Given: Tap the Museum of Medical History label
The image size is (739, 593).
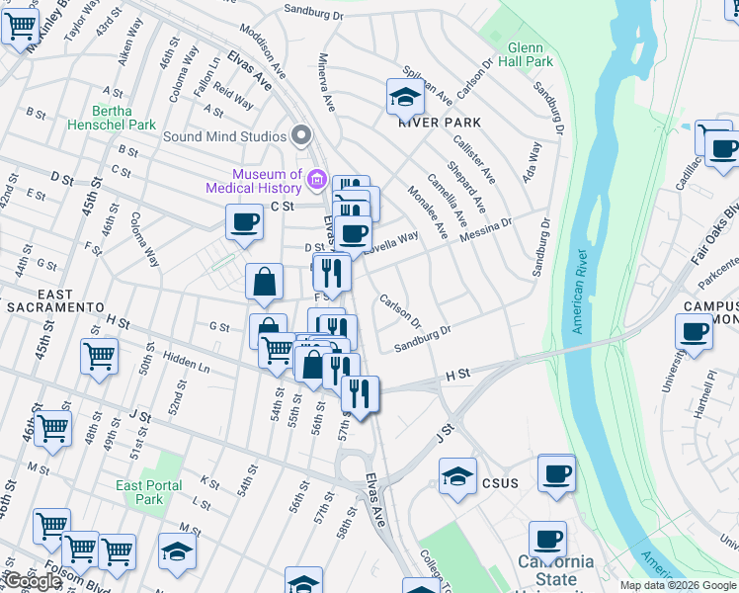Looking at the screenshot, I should pos(254,181).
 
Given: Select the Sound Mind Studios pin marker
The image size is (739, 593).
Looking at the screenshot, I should pos(301,135).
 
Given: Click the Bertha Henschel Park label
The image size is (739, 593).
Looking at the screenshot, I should pos(112,118).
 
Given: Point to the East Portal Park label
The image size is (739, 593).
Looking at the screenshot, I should pos(149,492).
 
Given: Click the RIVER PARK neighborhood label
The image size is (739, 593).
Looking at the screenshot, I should pos(440,123).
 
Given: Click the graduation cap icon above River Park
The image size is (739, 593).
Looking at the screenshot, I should pos(405,97).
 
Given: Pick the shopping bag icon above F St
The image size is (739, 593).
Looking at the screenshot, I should pos(265,283).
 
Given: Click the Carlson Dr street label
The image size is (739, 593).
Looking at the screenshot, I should pos(400,310).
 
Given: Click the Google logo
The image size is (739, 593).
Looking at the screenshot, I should pos(33,581).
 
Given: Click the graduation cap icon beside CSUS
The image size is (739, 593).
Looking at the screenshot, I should pos(457,476).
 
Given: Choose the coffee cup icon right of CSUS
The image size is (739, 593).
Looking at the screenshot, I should pos(557,473).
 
